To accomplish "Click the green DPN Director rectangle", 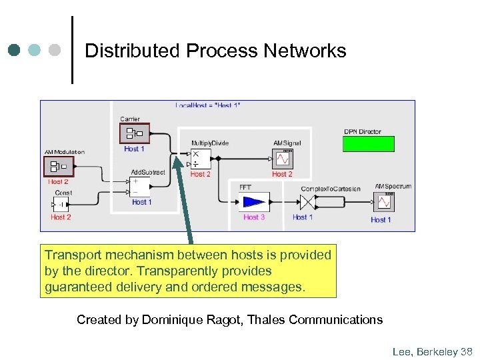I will (368, 144).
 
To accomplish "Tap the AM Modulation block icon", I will (58, 166).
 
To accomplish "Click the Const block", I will (62, 205).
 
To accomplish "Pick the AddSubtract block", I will (140, 187).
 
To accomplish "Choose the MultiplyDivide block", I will (200, 159).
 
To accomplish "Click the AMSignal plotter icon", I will (283, 159).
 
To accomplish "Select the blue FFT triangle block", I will (254, 202).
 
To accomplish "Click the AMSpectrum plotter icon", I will (384, 202).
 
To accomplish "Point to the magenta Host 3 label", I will (254, 217).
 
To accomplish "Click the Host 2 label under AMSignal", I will (283, 174).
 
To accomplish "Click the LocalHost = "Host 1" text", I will (207, 105).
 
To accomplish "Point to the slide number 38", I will (466, 351).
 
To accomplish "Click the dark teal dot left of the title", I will (15, 51).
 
